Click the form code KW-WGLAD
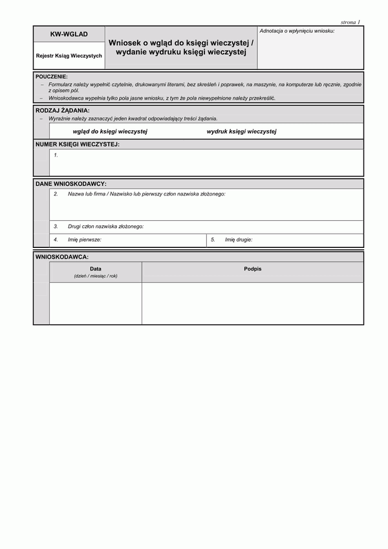(69, 34)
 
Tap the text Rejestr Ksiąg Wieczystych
(69, 56)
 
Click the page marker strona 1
(350, 22)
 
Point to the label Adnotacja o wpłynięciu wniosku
(297, 31)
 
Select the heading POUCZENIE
(52, 76)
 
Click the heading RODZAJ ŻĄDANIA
(63, 111)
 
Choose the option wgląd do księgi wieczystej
(111, 131)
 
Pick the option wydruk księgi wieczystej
(241, 131)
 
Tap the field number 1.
(56, 155)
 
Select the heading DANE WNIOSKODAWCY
(71, 184)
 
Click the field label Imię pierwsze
(85, 240)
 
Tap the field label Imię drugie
(239, 240)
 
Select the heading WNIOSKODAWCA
(62, 257)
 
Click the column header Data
(96, 268)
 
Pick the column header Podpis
(253, 268)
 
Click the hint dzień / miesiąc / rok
(96, 276)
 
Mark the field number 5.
(213, 240)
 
